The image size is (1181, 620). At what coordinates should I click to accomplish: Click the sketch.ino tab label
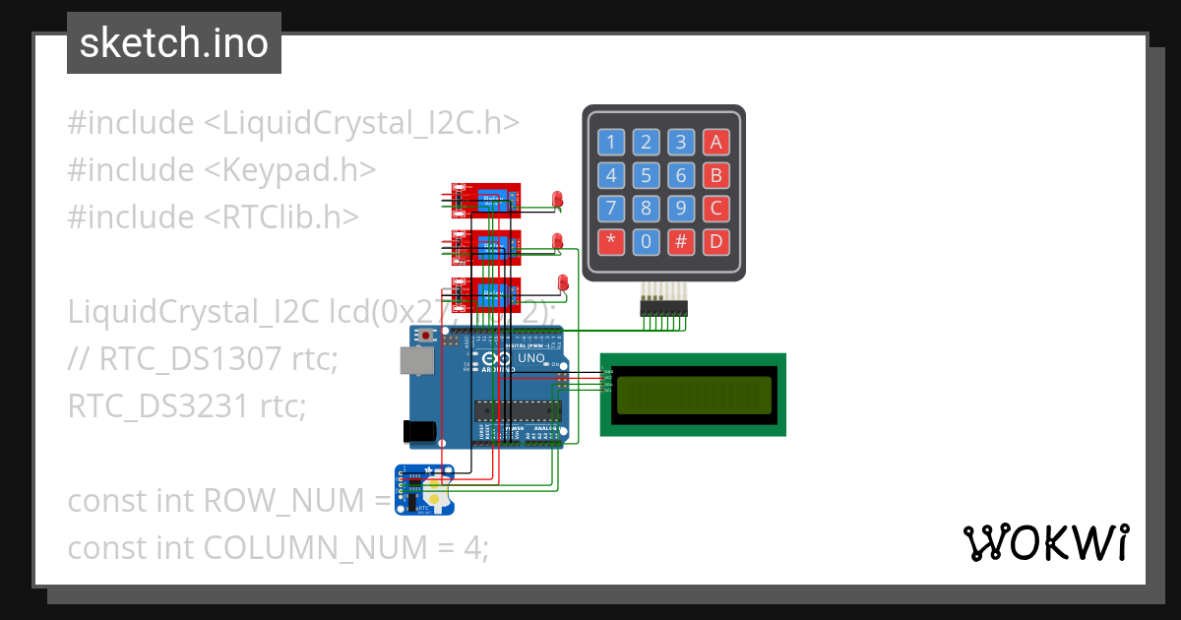[173, 43]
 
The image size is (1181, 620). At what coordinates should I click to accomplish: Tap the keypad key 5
[646, 176]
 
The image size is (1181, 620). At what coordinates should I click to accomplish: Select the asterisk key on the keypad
[611, 241]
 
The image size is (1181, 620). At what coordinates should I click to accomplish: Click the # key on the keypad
[680, 241]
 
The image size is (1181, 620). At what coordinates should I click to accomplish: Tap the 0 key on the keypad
[646, 241]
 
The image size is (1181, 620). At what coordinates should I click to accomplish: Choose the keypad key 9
[680, 209]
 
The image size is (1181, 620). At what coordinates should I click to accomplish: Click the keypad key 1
[611, 143]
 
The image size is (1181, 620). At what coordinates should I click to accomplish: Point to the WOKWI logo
[1045, 542]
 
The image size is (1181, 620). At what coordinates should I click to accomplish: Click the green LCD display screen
[694, 395]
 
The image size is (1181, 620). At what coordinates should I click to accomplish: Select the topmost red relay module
[485, 201]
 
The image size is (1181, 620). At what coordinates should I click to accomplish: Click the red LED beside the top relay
[557, 200]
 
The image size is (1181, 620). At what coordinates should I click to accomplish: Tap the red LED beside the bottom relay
[563, 283]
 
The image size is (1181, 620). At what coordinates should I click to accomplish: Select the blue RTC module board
[424, 489]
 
